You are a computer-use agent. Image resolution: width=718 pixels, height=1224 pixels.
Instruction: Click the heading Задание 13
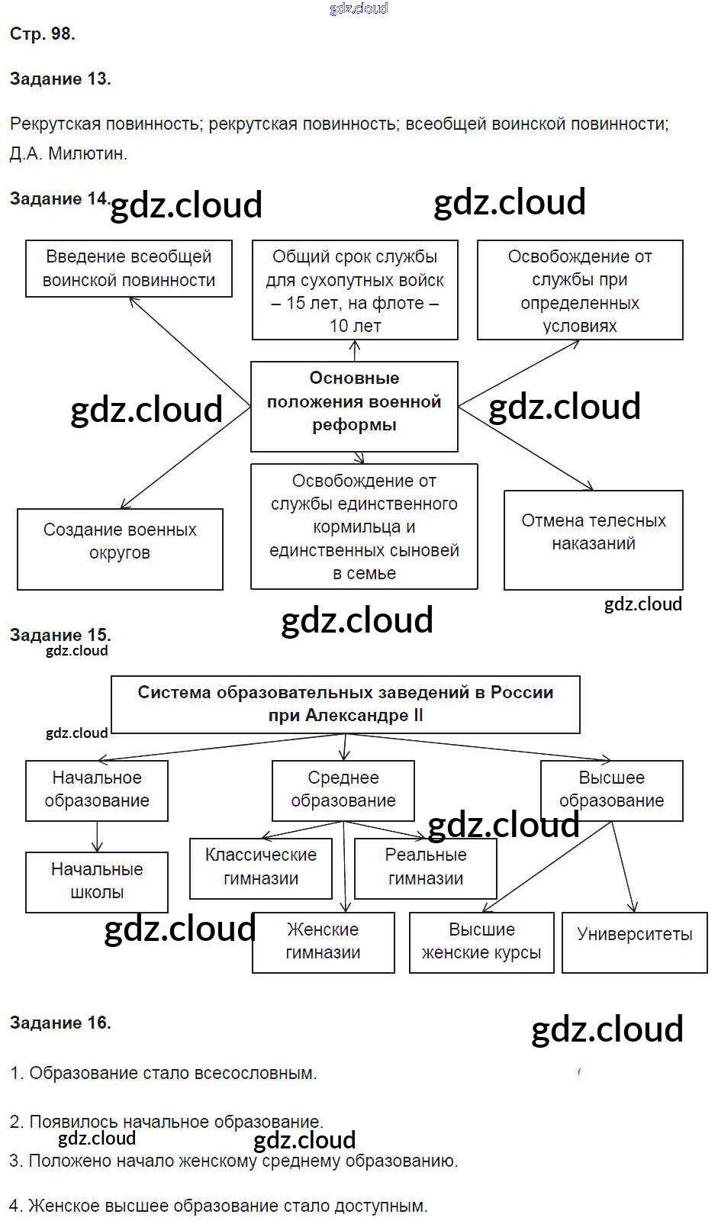[x=60, y=79]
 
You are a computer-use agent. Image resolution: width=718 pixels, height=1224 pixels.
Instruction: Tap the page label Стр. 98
[x=42, y=34]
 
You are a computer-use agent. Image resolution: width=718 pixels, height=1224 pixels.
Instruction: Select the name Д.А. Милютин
[x=69, y=153]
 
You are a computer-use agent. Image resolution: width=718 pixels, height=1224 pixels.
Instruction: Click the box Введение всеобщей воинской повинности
[x=128, y=269]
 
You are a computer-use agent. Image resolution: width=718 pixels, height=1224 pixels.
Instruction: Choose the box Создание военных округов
[x=120, y=549]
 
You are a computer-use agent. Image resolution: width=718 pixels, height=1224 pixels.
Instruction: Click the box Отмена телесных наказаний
[x=593, y=540]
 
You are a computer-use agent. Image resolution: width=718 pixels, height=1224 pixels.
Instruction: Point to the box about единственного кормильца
[x=364, y=527]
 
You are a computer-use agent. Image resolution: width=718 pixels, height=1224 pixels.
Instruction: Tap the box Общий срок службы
[x=355, y=290]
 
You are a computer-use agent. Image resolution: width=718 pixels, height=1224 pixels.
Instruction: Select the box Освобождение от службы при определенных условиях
[x=580, y=290]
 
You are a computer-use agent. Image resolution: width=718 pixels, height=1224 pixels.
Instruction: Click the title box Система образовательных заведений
[x=345, y=704]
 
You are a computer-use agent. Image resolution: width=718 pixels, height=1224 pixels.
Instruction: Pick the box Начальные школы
[x=97, y=881]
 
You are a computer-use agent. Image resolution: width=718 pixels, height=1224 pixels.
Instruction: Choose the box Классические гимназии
[x=261, y=868]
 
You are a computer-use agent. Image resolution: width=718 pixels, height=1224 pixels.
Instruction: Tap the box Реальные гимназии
[x=425, y=868]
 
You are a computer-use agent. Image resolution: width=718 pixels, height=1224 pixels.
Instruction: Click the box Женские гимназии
[x=323, y=942]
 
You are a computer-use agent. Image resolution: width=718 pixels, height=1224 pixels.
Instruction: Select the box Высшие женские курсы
[x=481, y=942]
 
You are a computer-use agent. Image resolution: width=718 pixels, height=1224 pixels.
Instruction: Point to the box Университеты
[x=634, y=942]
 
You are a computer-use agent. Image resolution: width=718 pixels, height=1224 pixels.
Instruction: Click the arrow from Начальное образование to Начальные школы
[x=97, y=836]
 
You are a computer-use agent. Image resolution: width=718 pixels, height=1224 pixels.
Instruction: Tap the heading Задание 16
[x=60, y=1023]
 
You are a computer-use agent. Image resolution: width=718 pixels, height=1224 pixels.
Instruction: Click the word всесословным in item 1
[x=256, y=1073]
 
